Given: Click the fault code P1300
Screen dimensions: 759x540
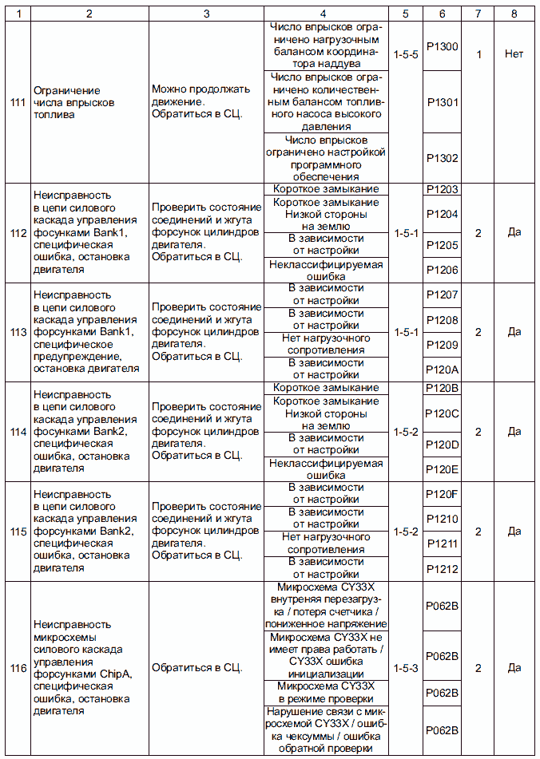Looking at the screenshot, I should coord(442,47).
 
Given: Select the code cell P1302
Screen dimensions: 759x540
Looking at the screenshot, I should coord(442,158).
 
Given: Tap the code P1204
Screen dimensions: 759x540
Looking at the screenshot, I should coord(442,214).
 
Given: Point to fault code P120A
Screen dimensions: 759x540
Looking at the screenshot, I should coord(442,370).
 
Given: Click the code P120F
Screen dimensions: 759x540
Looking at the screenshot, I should coord(442,493).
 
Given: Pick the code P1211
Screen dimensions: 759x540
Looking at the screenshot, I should coord(442,544).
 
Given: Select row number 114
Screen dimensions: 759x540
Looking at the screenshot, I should coord(15,431).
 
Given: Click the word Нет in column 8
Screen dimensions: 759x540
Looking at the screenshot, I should coord(514,54).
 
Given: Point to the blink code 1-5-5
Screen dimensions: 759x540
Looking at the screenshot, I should coord(406,54).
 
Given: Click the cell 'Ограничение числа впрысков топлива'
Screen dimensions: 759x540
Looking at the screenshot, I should coord(74,102).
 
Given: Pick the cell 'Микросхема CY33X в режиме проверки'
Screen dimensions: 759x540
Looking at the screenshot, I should coord(325,692).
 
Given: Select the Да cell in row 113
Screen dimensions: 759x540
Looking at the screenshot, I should coord(514,332).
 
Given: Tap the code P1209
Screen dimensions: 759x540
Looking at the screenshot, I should coord(442,345).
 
